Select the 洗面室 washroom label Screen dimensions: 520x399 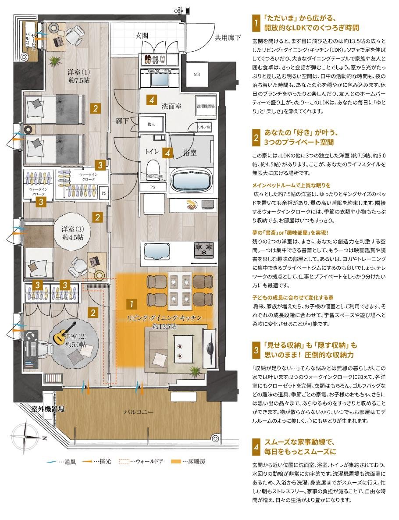171,106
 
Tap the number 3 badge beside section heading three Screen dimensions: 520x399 256,349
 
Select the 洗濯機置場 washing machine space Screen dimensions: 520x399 204,106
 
